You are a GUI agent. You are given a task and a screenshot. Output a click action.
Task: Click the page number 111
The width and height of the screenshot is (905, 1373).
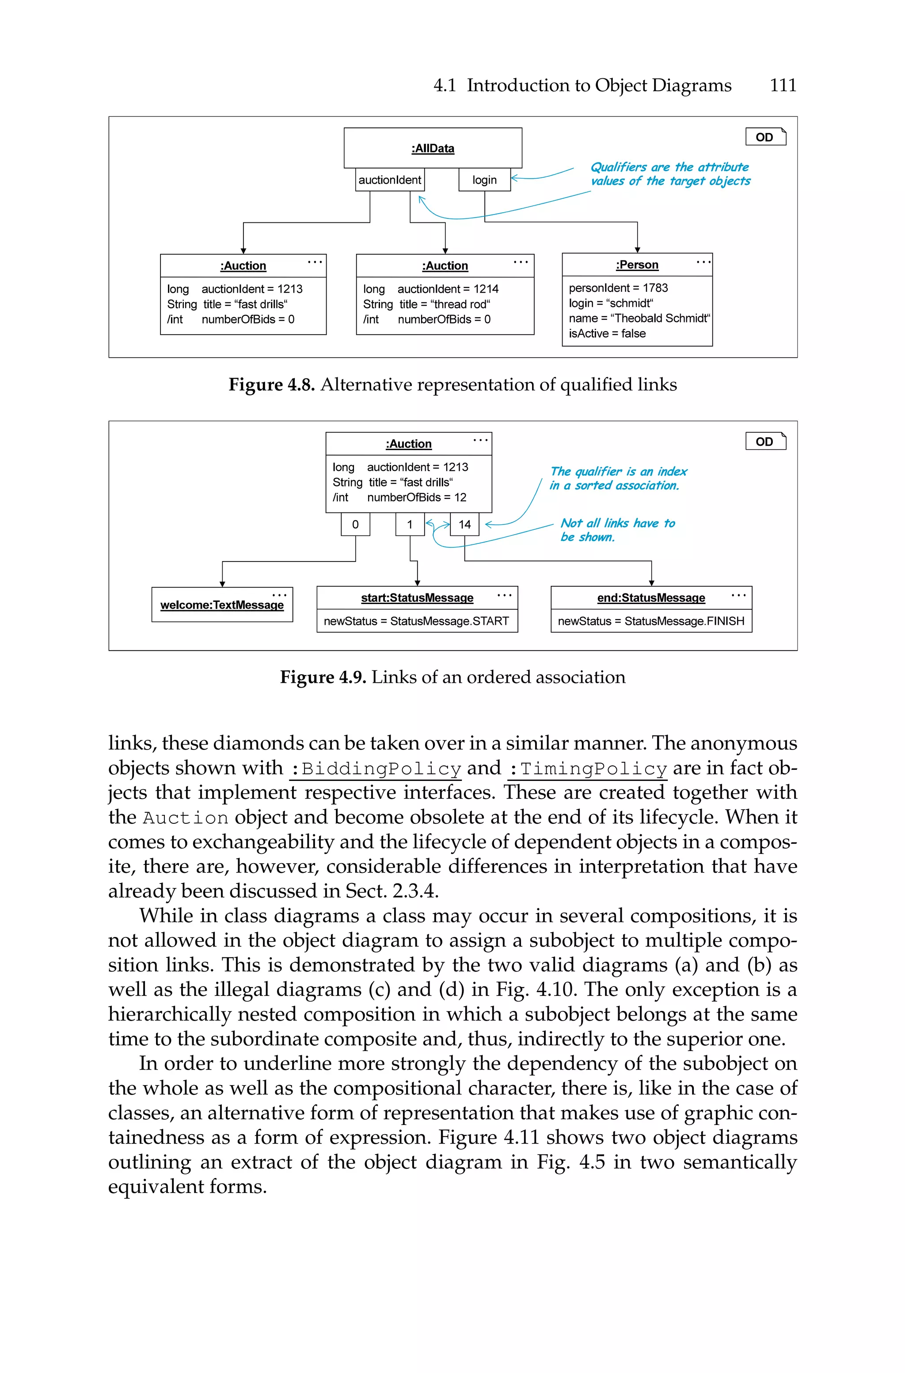coord(783,85)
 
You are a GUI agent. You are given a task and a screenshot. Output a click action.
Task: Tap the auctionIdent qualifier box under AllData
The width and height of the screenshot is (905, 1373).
coord(390,180)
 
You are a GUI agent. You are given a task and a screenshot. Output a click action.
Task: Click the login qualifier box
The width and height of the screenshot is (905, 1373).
coord(484,180)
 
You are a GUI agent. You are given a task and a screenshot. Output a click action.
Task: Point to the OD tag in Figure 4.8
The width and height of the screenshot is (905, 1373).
coord(765,137)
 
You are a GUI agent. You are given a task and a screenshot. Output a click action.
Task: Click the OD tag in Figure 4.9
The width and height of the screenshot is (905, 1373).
coord(765,442)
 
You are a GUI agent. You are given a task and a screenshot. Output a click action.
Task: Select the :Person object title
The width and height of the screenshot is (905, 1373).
coord(637,265)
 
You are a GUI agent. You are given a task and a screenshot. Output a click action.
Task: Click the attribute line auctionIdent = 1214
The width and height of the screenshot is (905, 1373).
coord(447,289)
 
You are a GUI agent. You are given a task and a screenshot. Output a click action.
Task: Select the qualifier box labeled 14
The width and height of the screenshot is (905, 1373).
coord(464,524)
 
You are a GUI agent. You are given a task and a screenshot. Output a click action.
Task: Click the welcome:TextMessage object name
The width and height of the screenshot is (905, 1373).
coord(222,605)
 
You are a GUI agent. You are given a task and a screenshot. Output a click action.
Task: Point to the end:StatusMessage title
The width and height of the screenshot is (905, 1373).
coord(650,598)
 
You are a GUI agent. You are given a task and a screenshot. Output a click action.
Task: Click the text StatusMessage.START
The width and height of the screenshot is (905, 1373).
coord(449,621)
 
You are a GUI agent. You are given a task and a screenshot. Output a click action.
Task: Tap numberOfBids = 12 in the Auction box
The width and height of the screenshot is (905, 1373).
coord(416,497)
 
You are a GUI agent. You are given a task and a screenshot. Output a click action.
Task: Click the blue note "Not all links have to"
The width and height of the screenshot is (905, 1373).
coord(617,523)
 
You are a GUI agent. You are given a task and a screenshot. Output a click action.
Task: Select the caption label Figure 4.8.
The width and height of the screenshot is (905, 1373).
coord(271,385)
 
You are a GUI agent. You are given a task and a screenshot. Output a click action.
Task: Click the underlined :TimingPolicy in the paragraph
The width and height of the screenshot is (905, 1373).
coord(588,769)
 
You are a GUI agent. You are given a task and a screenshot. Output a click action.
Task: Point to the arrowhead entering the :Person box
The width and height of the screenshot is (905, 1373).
coord(637,249)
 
